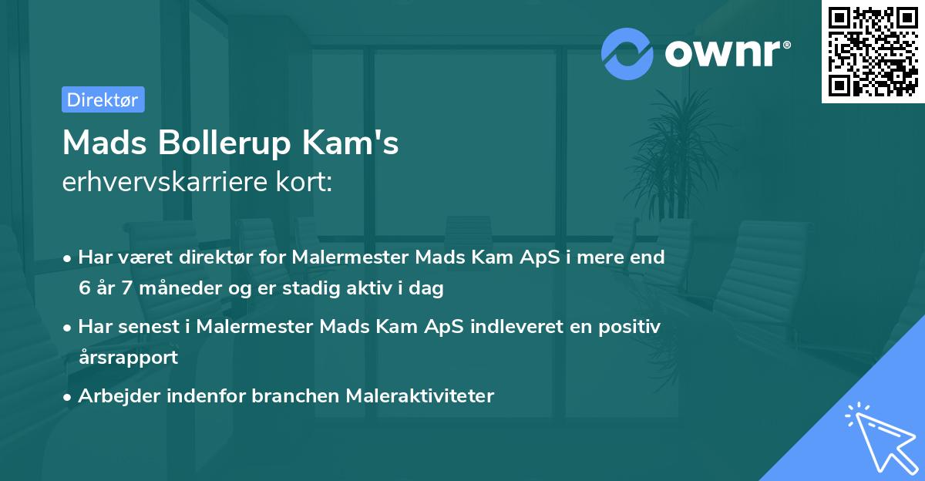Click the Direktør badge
[103, 99]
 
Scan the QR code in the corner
[873, 52]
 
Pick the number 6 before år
[84, 289]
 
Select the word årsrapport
[128, 357]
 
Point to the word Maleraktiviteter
[420, 396]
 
